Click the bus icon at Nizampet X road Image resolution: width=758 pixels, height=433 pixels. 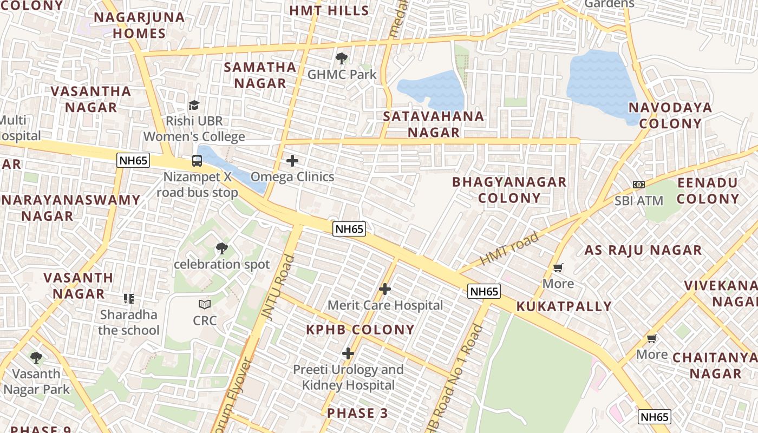(x=197, y=161)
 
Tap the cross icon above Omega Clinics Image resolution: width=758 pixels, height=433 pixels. (x=292, y=161)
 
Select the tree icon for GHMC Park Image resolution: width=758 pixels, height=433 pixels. (x=341, y=58)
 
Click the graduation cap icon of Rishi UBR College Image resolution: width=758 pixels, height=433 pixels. (x=194, y=105)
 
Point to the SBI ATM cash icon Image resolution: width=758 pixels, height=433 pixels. (x=639, y=185)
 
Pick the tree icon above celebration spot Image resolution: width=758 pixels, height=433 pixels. (x=221, y=248)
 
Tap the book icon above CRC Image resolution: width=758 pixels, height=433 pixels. (x=205, y=305)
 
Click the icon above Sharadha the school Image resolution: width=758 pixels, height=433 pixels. (x=128, y=299)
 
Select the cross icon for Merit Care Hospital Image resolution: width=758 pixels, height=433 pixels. (x=385, y=289)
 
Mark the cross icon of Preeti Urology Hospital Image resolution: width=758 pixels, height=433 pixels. (x=348, y=354)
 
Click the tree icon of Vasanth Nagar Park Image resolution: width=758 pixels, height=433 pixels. (x=36, y=358)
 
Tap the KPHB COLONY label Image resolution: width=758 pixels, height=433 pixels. (x=361, y=330)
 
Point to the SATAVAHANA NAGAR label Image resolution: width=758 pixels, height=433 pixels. (x=433, y=124)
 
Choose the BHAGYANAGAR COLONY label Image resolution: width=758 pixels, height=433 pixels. (x=509, y=189)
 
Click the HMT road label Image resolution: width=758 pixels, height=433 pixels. (x=509, y=248)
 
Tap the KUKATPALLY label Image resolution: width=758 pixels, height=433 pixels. (x=564, y=306)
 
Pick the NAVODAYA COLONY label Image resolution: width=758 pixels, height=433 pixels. (x=670, y=115)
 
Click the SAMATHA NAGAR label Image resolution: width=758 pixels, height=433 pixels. (x=260, y=75)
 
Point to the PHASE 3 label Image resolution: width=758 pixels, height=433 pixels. (x=357, y=413)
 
